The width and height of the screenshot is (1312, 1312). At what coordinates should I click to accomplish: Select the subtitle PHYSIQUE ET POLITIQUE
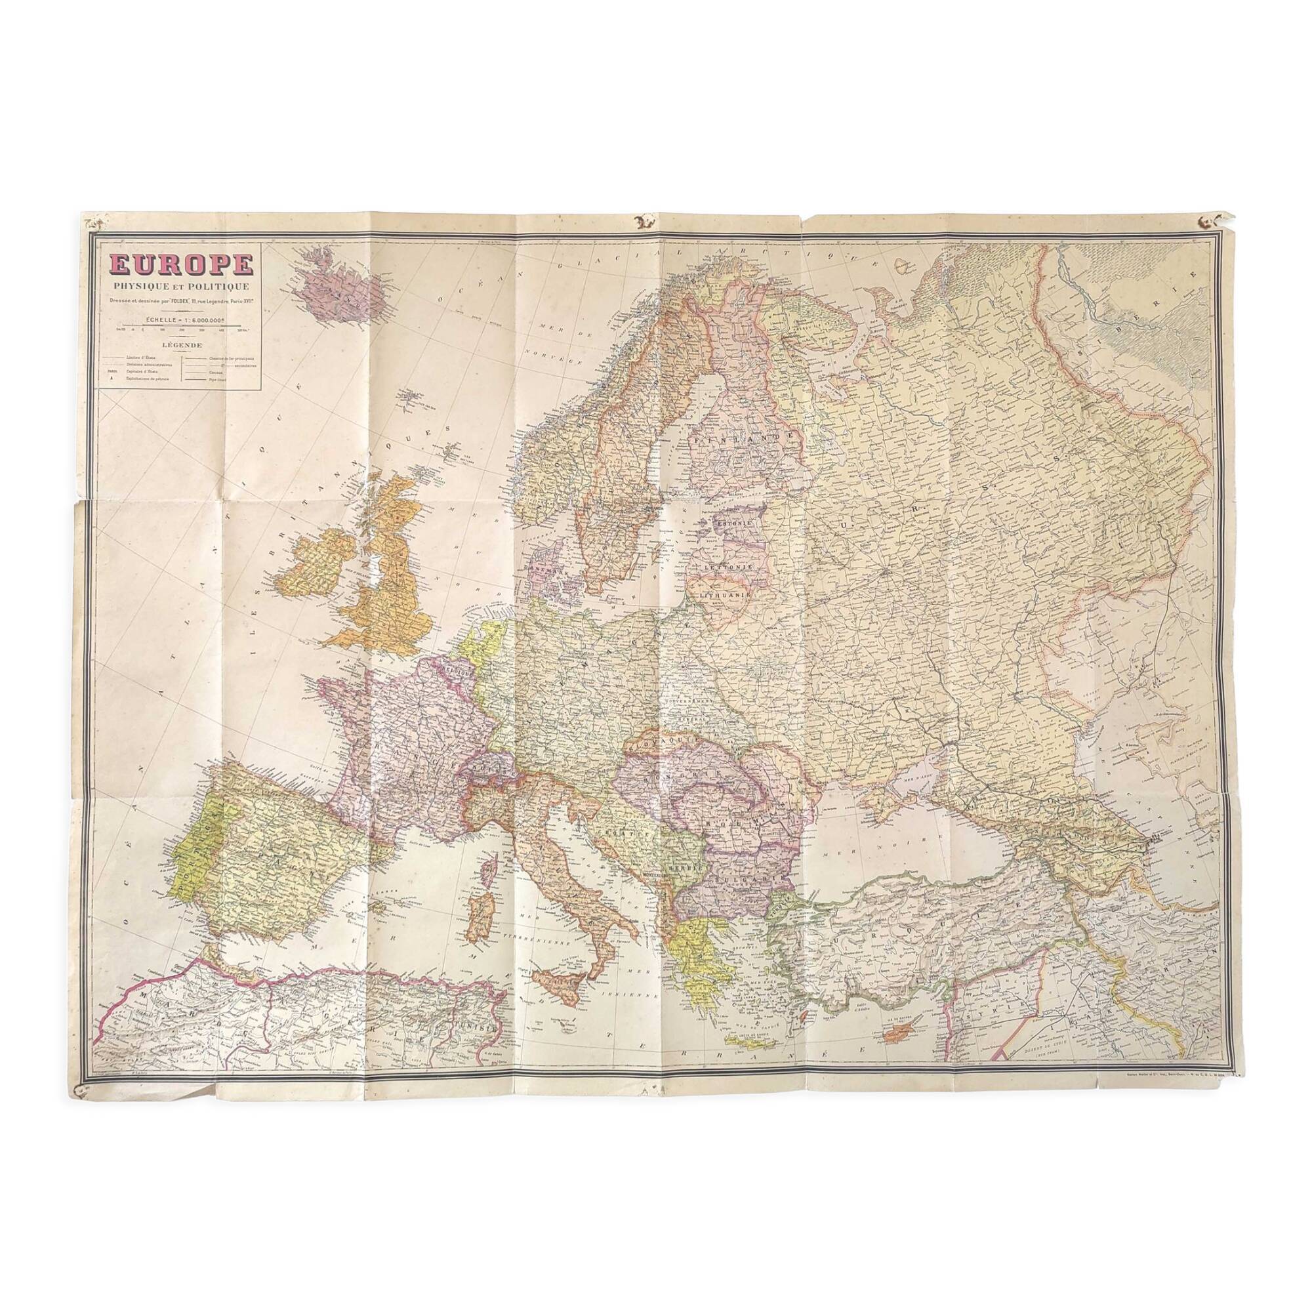[178, 289]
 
